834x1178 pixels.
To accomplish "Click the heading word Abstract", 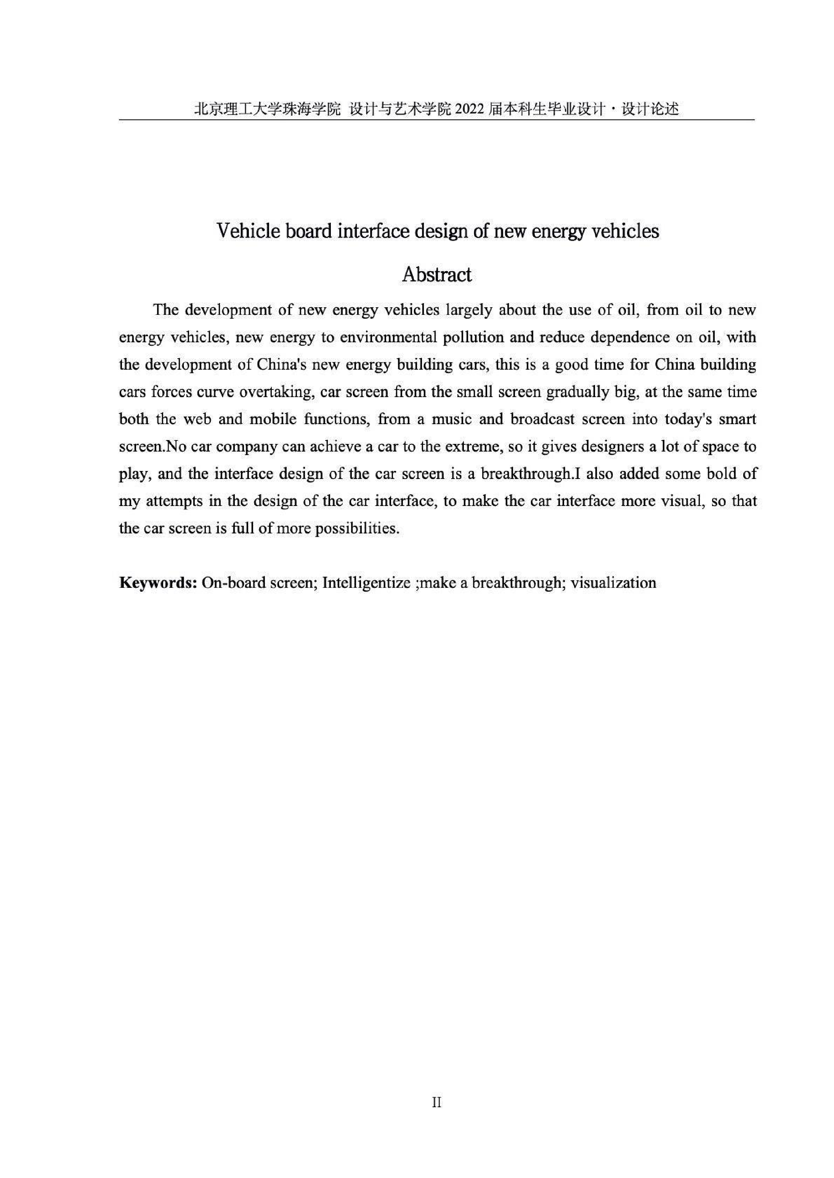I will (x=436, y=275).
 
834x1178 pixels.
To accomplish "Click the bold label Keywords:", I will (x=158, y=583).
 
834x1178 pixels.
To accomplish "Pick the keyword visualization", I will (x=613, y=583).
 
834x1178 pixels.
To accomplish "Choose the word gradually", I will (x=573, y=393).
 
